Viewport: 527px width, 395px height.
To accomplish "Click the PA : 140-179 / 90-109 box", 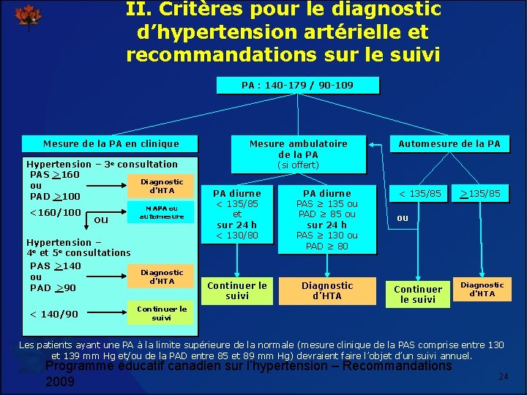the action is [297, 86].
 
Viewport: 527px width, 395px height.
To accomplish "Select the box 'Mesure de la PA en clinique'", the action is [111, 144].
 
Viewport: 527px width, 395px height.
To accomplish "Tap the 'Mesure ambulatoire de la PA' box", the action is [298, 148].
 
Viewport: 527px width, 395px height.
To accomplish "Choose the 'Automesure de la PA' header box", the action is [449, 144].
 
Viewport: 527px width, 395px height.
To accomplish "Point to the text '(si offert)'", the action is [298, 165].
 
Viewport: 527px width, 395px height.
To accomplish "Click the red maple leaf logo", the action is [29, 15].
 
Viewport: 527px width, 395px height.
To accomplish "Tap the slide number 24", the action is [503, 376].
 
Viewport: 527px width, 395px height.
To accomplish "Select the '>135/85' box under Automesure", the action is [479, 193].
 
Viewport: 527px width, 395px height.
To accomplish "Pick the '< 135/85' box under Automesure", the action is [419, 193].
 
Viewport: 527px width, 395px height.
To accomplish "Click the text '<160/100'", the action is [53, 213].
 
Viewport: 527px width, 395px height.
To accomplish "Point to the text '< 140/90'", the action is [53, 315].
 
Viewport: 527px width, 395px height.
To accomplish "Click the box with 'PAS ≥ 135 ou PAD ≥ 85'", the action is [326, 219].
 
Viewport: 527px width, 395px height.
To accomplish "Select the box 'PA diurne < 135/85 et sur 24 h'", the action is [236, 214].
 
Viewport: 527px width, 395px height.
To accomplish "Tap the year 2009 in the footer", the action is [60, 382].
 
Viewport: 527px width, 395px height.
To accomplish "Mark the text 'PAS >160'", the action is [55, 175].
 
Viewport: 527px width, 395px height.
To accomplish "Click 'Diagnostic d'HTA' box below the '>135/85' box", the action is [482, 289].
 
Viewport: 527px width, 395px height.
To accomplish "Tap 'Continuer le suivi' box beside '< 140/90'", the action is [162, 313].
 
